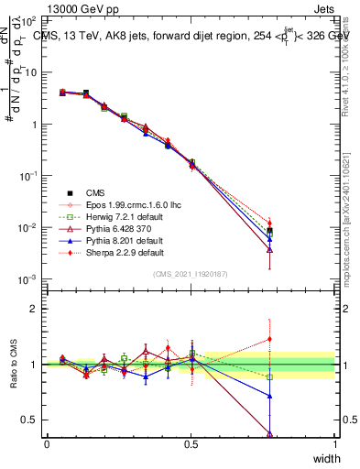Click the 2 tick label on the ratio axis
point(34,309)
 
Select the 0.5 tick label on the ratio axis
point(30,420)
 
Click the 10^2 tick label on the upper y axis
point(29,20)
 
